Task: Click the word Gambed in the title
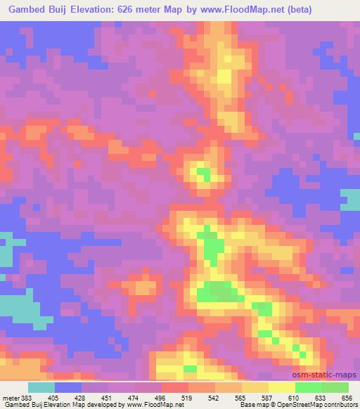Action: point(27,9)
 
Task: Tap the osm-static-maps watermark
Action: point(328,375)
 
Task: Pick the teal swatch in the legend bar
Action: point(41,387)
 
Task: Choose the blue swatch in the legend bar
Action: point(68,387)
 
